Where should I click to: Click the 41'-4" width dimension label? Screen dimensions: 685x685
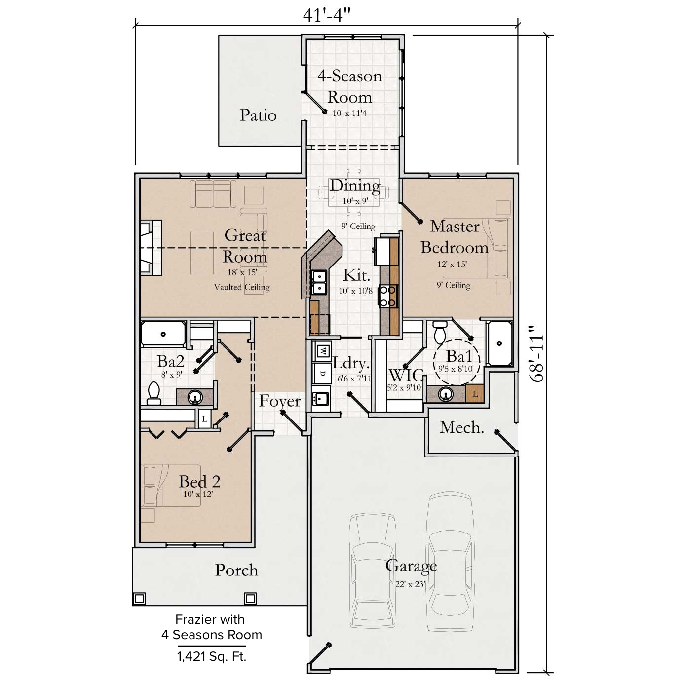[x=326, y=16]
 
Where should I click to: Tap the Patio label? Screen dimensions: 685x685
[x=258, y=115]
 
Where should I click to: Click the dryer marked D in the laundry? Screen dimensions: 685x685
[x=323, y=373]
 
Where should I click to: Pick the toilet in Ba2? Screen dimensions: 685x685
[x=154, y=393]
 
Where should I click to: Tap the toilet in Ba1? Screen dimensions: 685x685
[x=440, y=332]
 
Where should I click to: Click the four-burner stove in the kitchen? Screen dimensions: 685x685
[x=388, y=296]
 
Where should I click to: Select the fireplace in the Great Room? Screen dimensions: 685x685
[x=151, y=247]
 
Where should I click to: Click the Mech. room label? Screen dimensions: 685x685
[x=461, y=427]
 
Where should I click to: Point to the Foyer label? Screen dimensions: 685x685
[x=279, y=401]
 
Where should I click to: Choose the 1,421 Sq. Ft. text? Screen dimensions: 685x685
[x=212, y=656]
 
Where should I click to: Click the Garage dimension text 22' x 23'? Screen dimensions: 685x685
[x=410, y=584]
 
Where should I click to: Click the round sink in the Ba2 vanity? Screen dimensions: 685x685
[x=195, y=396]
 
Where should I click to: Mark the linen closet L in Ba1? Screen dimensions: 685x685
[x=475, y=393]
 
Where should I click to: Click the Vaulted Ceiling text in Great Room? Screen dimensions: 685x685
[x=242, y=287]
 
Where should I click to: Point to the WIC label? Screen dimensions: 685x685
[x=406, y=376]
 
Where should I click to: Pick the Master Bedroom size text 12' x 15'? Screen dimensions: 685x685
[x=452, y=265]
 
